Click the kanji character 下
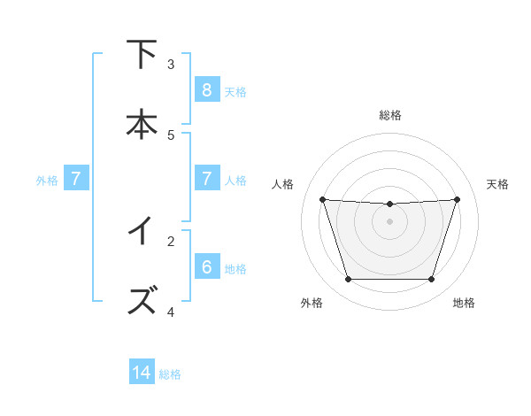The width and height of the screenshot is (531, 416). (142, 55)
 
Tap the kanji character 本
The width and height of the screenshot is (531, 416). (142, 124)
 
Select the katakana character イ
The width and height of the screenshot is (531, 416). (142, 232)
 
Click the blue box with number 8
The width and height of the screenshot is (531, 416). (206, 89)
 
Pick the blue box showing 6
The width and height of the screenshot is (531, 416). (206, 267)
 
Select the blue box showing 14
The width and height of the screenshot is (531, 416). (142, 373)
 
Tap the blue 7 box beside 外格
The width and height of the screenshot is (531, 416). (76, 179)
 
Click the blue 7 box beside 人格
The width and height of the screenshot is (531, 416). (206, 179)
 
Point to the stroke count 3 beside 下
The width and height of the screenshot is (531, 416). (171, 64)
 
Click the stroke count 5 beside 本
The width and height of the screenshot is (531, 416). (171, 135)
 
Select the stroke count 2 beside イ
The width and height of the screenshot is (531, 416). (171, 241)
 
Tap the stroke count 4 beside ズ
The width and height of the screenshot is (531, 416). (171, 312)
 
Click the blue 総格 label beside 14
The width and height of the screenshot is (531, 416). (170, 374)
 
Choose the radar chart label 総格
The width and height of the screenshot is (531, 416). (389, 115)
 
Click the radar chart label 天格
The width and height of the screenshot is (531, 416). (497, 184)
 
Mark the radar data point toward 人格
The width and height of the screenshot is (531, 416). (322, 199)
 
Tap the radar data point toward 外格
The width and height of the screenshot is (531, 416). (348, 280)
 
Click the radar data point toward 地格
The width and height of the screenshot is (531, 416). (431, 280)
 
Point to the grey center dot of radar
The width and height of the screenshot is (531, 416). (389, 221)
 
